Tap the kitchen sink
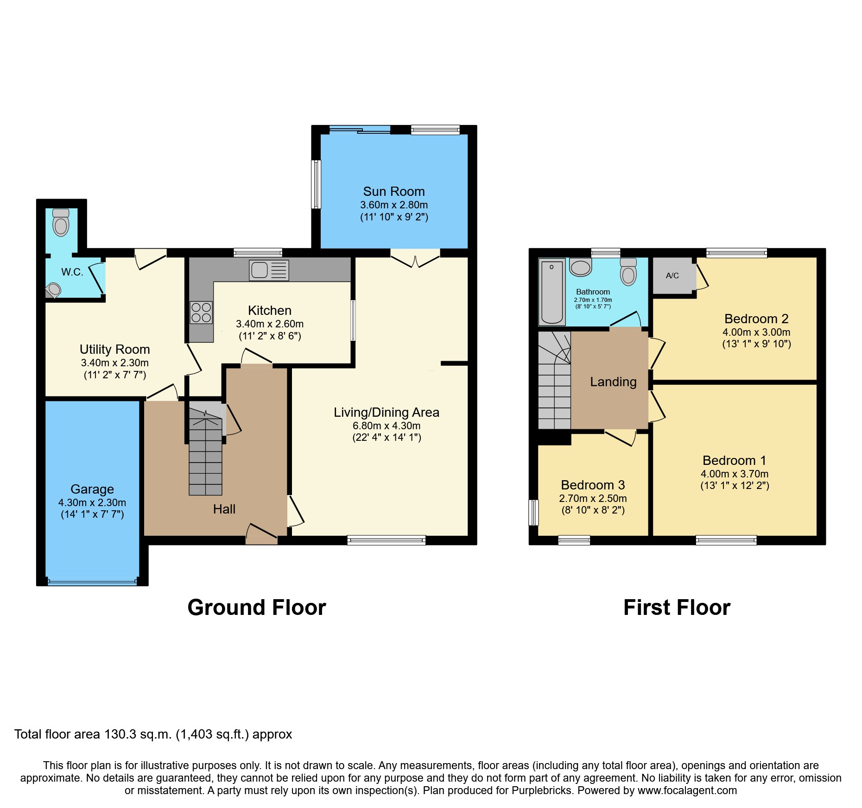[x=269, y=270]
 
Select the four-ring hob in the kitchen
[x=201, y=312]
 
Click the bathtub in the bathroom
[x=551, y=291]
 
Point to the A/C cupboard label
[x=672, y=276]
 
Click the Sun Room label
[x=394, y=191]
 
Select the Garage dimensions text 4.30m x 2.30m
[x=92, y=502]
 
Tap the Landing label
[x=613, y=382]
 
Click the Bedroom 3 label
[x=593, y=485]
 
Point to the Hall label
[x=224, y=509]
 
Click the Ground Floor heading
[x=257, y=608]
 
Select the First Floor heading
[x=677, y=608]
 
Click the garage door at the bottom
[x=92, y=582]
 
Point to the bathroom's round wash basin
[x=580, y=267]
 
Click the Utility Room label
[x=114, y=349]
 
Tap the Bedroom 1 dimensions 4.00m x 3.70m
[x=735, y=474]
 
